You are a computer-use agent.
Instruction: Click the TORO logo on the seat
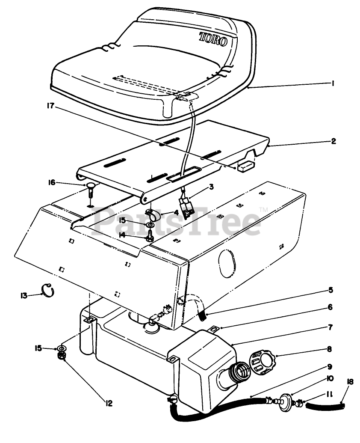pyautogui.click(x=216, y=38)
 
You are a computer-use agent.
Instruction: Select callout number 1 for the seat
pyautogui.click(x=332, y=84)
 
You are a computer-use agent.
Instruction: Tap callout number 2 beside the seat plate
pyautogui.click(x=333, y=141)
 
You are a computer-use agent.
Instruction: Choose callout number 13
pyautogui.click(x=24, y=295)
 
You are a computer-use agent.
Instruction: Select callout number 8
pyautogui.click(x=329, y=349)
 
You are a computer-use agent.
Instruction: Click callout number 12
pyautogui.click(x=109, y=403)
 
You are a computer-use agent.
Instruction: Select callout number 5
pyautogui.click(x=330, y=290)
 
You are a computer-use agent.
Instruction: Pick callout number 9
pyautogui.click(x=330, y=366)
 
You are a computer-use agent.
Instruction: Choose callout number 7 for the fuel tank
pyautogui.click(x=330, y=327)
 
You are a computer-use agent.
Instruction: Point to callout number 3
pyautogui.click(x=211, y=187)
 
